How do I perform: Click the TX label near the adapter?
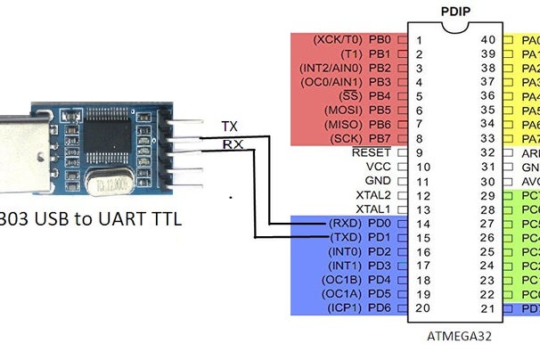(x=229, y=127)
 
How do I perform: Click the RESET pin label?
(x=372, y=152)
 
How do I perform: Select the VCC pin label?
(x=379, y=167)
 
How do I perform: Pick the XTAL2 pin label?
(x=374, y=194)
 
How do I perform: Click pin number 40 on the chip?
(x=487, y=40)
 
